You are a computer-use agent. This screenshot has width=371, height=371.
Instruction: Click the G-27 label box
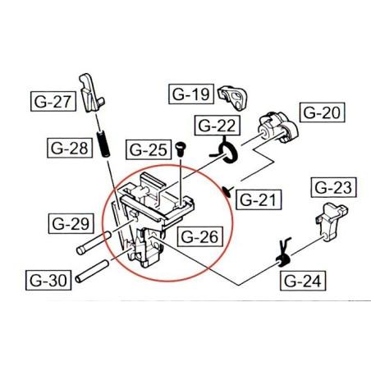point(53,103)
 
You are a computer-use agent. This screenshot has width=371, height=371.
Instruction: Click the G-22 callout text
point(216,126)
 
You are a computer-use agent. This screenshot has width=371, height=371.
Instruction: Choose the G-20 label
point(321,112)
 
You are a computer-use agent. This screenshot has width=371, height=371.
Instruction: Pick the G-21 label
point(259,199)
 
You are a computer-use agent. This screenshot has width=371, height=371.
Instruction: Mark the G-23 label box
point(333,188)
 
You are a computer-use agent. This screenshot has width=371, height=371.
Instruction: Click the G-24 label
point(302,282)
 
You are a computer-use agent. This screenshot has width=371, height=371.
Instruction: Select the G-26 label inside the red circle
point(198,239)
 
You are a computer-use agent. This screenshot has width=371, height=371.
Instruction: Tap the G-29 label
point(69,222)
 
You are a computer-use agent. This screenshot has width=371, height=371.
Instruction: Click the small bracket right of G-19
point(236,96)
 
